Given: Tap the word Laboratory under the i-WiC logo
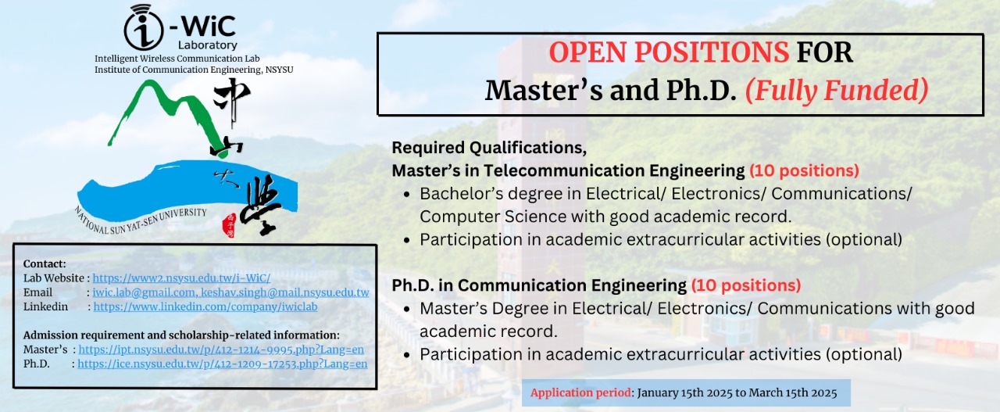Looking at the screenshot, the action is pos(208,45).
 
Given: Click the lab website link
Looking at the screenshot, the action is pos(181,278).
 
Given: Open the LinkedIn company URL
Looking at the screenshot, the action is pos(205,306).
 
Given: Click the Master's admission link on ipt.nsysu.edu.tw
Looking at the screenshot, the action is pos(221,349).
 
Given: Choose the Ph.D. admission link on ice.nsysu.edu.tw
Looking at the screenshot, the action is pos(223,364).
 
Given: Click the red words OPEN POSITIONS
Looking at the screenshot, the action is pos(669,52).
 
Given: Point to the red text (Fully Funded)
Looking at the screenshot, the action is pos(837,90).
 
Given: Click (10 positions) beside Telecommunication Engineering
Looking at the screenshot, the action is pos(804,170).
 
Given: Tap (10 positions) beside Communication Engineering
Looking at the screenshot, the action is pos(746,285).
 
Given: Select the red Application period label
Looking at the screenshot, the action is pos(580,392).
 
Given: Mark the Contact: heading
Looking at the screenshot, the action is pos(45,263).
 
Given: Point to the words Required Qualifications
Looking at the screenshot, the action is pos(489,148).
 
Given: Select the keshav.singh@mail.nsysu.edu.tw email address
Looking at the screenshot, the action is pos(285,292).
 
